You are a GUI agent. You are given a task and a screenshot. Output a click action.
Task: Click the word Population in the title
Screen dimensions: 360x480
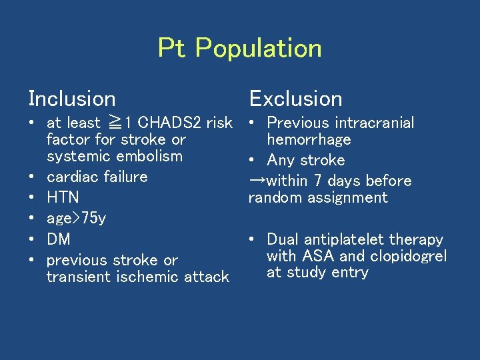[x=259, y=48]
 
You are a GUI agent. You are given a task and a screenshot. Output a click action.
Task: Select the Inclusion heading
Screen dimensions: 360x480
[x=72, y=99]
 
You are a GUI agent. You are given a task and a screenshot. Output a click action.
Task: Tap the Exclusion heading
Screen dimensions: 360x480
[x=295, y=99]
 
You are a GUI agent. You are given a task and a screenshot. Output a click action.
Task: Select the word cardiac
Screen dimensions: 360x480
[x=69, y=177]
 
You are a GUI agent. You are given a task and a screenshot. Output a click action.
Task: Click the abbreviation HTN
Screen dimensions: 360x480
[x=63, y=197]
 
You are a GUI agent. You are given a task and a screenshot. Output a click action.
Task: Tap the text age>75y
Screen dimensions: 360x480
[x=76, y=218]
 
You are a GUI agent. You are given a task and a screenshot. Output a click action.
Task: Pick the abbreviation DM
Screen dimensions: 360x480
[x=59, y=239]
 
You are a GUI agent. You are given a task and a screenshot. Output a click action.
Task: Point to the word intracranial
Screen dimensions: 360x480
[x=373, y=123]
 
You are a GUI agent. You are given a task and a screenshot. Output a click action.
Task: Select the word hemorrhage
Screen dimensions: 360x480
[x=309, y=139]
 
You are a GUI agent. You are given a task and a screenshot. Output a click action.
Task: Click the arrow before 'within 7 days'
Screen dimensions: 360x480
[x=257, y=181]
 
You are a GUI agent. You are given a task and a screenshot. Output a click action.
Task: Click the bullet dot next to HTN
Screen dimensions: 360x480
[x=32, y=197]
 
